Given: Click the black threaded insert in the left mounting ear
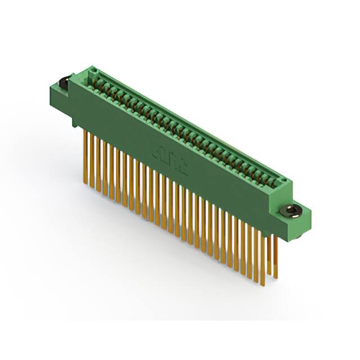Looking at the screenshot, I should (63, 83).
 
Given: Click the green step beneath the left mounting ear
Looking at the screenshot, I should (72, 115).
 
